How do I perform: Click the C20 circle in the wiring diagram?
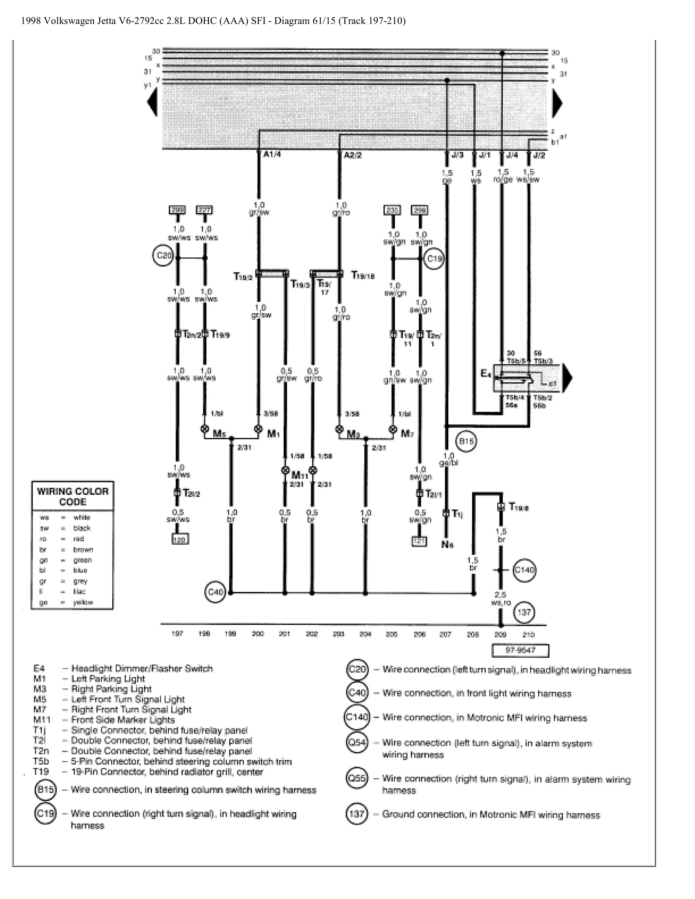pyautogui.click(x=164, y=256)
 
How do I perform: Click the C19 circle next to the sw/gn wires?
pyautogui.click(x=434, y=259)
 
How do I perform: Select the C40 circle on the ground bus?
pyautogui.click(x=215, y=592)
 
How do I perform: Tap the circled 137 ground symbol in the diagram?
pyautogui.click(x=524, y=612)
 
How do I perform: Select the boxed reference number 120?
pyautogui.click(x=180, y=539)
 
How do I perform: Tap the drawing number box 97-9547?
pyautogui.click(x=521, y=650)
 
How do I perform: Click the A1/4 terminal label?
pyautogui.click(x=272, y=154)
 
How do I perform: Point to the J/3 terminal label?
pyautogui.click(x=457, y=155)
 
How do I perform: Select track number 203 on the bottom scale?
pyautogui.click(x=338, y=634)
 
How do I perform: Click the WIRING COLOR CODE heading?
pyautogui.click(x=73, y=496)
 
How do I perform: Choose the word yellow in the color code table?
pyautogui.click(x=83, y=602)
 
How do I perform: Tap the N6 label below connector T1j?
pyautogui.click(x=448, y=544)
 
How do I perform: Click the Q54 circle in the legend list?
pyautogui.click(x=357, y=743)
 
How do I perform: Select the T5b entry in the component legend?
pyautogui.click(x=41, y=761)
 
